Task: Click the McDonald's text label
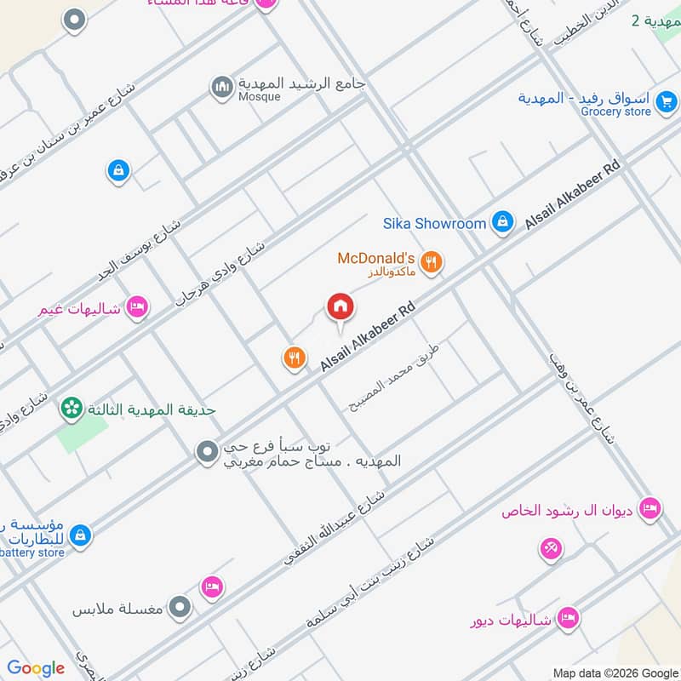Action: point(375,258)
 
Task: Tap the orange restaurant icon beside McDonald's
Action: point(432,263)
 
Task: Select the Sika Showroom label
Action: point(434,224)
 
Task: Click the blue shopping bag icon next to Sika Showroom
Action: point(503,222)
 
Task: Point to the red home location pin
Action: point(340,309)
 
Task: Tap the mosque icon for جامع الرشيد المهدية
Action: point(222,88)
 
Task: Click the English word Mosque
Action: point(259,97)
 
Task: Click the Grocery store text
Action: point(616,112)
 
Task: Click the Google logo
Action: point(36,668)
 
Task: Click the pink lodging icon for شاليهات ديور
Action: point(569,619)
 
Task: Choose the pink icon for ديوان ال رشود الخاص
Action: point(650,509)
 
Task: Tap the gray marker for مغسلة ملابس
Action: point(180,608)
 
